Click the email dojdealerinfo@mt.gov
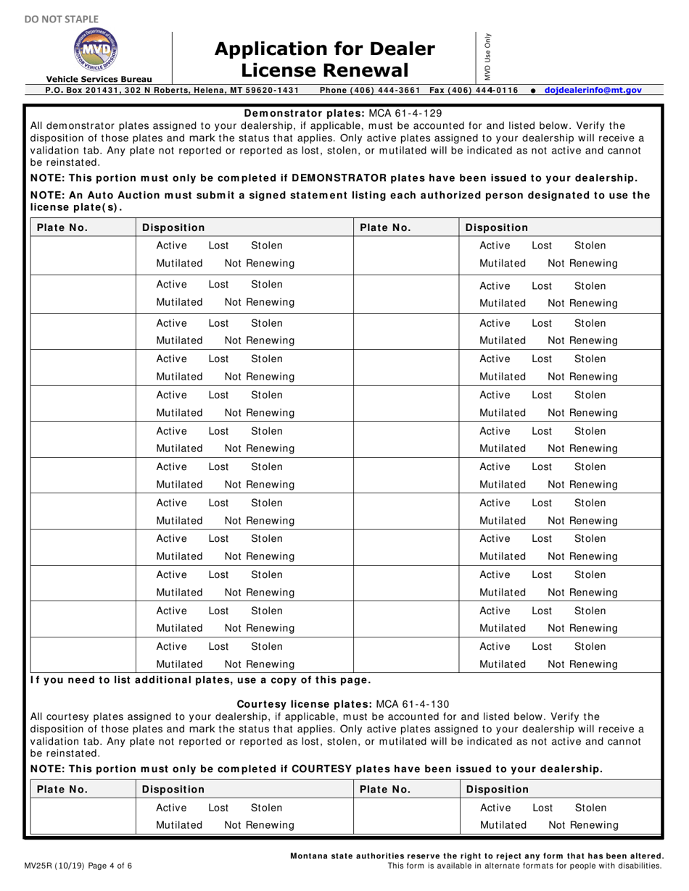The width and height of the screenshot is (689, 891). click(593, 90)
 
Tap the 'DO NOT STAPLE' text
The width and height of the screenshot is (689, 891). click(51, 18)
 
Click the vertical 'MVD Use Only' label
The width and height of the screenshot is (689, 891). click(488, 57)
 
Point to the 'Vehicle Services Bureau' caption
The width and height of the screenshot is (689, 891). click(99, 79)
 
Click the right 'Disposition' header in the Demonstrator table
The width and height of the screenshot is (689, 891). click(497, 227)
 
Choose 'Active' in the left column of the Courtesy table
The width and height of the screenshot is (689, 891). click(171, 807)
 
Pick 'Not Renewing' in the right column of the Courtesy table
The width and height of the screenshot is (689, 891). click(582, 825)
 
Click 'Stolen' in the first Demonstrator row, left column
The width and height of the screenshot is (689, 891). click(267, 246)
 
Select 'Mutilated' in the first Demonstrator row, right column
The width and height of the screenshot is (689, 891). click(503, 263)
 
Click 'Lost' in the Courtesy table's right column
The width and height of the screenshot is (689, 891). click(542, 807)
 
